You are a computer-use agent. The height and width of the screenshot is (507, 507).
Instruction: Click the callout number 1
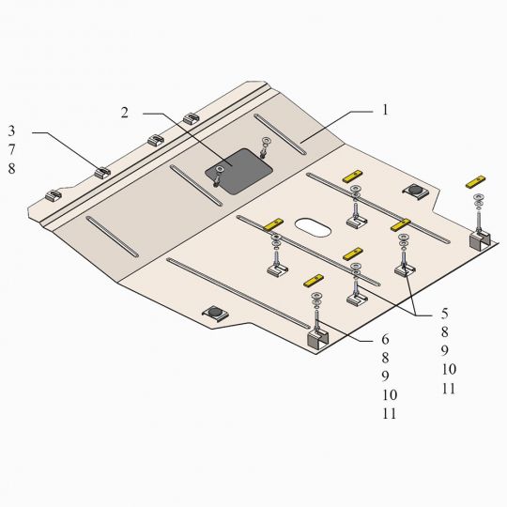pyautogui.click(x=385, y=110)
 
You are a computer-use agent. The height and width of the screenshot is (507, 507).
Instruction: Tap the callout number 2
pyautogui.click(x=125, y=113)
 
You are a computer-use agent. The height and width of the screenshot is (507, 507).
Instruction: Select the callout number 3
pyautogui.click(x=11, y=131)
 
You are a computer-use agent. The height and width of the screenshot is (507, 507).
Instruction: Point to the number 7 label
pyautogui.click(x=11, y=149)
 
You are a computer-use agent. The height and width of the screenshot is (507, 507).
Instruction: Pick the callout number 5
pyautogui.click(x=445, y=313)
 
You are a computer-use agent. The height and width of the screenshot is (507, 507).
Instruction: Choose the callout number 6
pyautogui.click(x=385, y=339)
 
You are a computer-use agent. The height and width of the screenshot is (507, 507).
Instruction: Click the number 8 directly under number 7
pyautogui.click(x=11, y=168)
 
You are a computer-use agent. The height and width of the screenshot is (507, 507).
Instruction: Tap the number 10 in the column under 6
pyautogui.click(x=390, y=394)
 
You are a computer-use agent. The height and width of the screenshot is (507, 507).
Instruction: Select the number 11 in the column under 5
pyautogui.click(x=449, y=389)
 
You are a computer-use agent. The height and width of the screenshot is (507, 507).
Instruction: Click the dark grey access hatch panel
pyautogui.click(x=238, y=172)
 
